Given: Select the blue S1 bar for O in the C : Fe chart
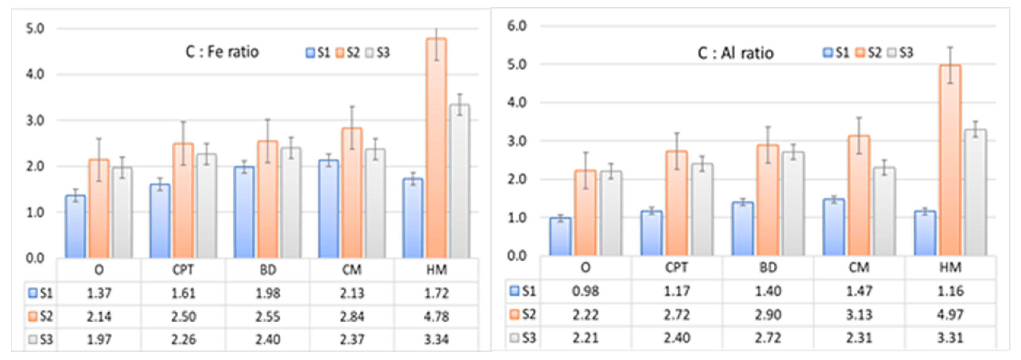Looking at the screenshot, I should click(x=75, y=227).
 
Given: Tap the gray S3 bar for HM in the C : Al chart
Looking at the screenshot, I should click(x=975, y=193).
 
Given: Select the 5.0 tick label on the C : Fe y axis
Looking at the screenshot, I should click(x=35, y=28).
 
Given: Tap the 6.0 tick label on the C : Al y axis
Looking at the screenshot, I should click(x=517, y=26).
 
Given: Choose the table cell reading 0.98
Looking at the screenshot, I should click(x=585, y=291).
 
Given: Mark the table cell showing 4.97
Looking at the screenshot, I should click(x=950, y=314).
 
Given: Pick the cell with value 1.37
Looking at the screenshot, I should click(x=99, y=293).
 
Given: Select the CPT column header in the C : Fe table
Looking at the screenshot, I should click(x=183, y=270).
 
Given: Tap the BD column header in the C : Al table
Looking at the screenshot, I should click(x=768, y=267).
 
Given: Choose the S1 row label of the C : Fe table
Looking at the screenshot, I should click(x=41, y=293).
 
